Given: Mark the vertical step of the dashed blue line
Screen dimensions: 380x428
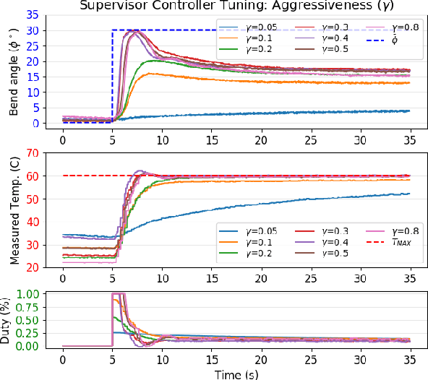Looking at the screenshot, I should (112, 72).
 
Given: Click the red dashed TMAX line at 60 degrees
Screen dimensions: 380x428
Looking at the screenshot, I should (289, 176).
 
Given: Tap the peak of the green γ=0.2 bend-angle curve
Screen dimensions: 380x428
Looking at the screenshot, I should (150, 61).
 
